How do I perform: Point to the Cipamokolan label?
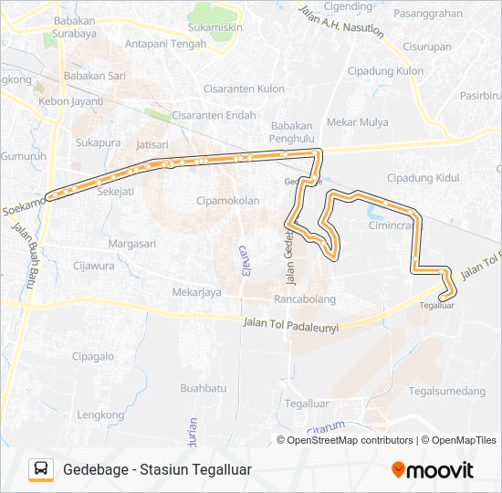point(228,200)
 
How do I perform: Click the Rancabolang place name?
point(305,299)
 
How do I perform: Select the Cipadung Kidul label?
point(423,178)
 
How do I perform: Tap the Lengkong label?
point(100,414)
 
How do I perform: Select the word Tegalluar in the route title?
point(220,469)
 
